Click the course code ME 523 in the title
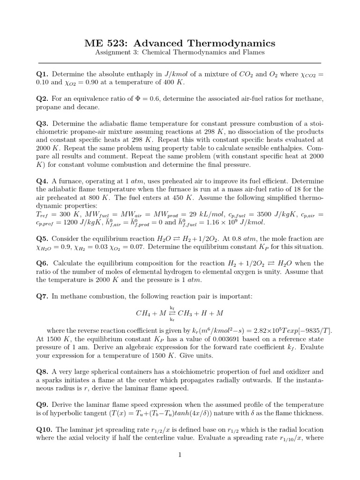click(107, 44)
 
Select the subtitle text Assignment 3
click(114, 52)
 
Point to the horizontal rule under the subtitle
click(180, 63)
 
